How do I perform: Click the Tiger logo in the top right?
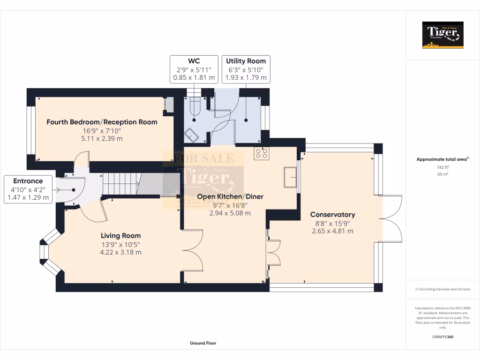pyautogui.click(x=442, y=35)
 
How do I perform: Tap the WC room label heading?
pyautogui.click(x=194, y=61)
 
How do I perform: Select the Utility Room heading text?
pyautogui.click(x=246, y=61)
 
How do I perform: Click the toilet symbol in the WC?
pyautogui.click(x=195, y=106)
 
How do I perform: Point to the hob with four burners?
pyautogui.click(x=261, y=153)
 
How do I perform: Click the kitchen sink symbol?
pyautogui.click(x=291, y=177)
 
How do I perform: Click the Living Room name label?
pyautogui.click(x=120, y=235)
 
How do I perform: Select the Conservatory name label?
pyautogui.click(x=332, y=214)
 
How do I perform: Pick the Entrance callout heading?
pyautogui.click(x=28, y=181)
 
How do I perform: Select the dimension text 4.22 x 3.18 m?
pyautogui.click(x=120, y=252)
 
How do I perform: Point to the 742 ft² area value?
pyautogui.click(x=442, y=167)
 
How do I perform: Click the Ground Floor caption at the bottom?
pyautogui.click(x=203, y=343)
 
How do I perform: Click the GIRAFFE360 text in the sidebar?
pyautogui.click(x=442, y=337)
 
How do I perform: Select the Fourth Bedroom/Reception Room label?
pyautogui.click(x=102, y=122)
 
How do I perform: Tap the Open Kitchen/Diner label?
pyautogui.click(x=230, y=196)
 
